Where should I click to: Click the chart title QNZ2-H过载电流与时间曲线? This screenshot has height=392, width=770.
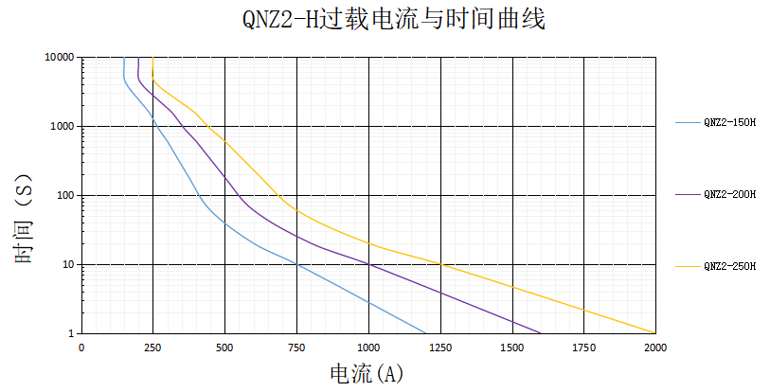pos(387,19)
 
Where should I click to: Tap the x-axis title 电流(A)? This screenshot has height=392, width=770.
pos(367,374)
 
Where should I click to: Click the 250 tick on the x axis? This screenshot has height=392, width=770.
pos(152,347)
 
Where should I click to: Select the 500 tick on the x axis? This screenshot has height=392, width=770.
pos(224,347)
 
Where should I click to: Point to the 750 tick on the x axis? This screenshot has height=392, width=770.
pos(296,347)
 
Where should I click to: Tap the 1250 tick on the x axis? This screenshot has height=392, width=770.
pos(440,347)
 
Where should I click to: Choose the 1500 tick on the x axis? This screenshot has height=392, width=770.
pos(512,347)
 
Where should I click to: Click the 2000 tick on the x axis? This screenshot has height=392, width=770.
pos(655,347)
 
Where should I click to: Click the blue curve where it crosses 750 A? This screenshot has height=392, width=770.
pos(296,264)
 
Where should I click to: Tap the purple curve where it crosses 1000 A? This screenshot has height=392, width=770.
pos(368,264)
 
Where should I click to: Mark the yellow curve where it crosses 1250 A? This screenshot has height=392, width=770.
pos(440,264)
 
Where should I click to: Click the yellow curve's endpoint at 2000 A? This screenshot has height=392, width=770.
pos(654,332)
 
